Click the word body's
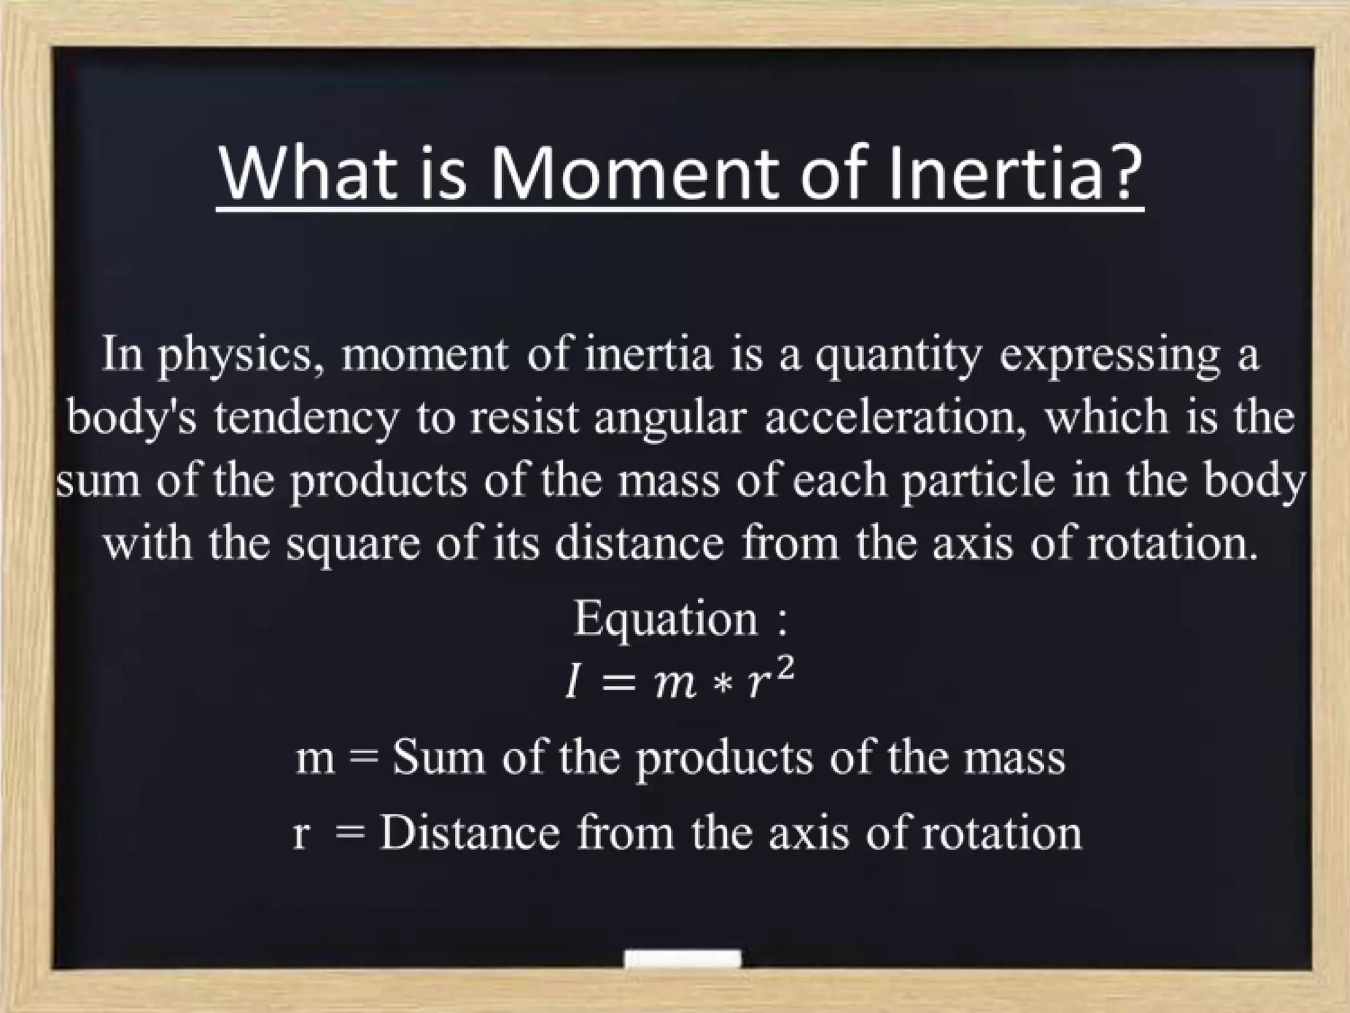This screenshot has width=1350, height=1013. [132, 418]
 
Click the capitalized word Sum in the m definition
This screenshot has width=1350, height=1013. [438, 758]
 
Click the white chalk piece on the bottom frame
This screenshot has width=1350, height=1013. [682, 959]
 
